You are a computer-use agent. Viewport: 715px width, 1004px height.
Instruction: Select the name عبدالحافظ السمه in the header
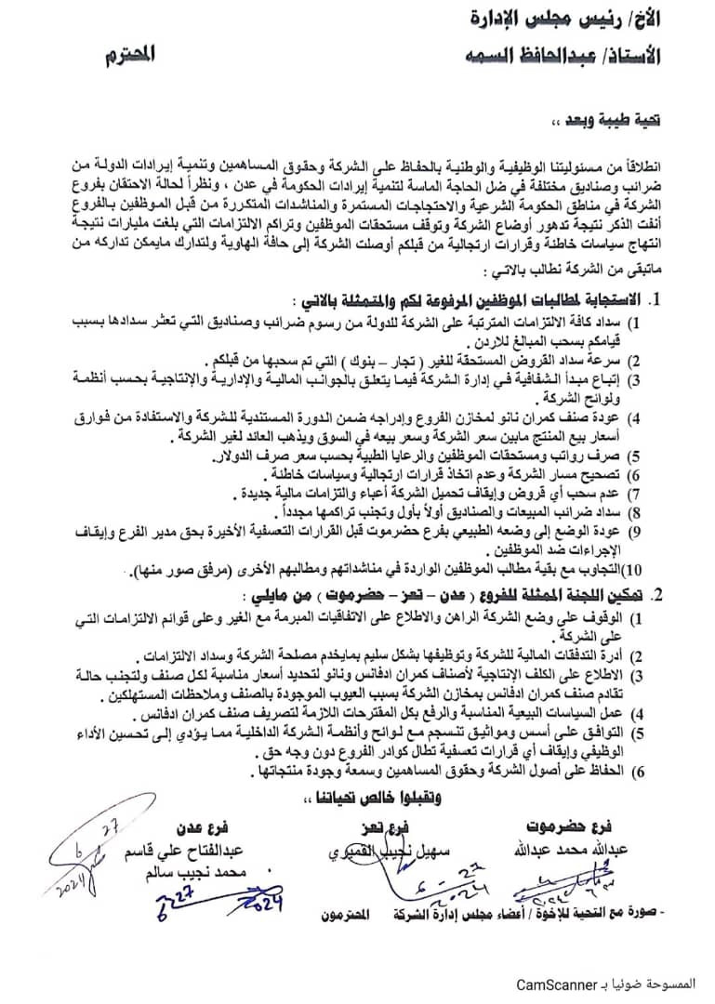click(x=522, y=56)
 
